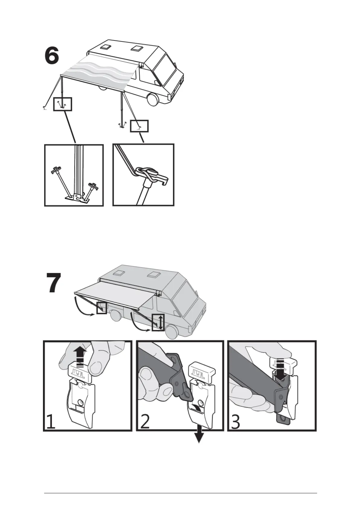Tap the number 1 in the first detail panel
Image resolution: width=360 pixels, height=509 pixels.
50,422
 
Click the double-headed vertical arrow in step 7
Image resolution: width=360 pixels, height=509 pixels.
160,323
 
